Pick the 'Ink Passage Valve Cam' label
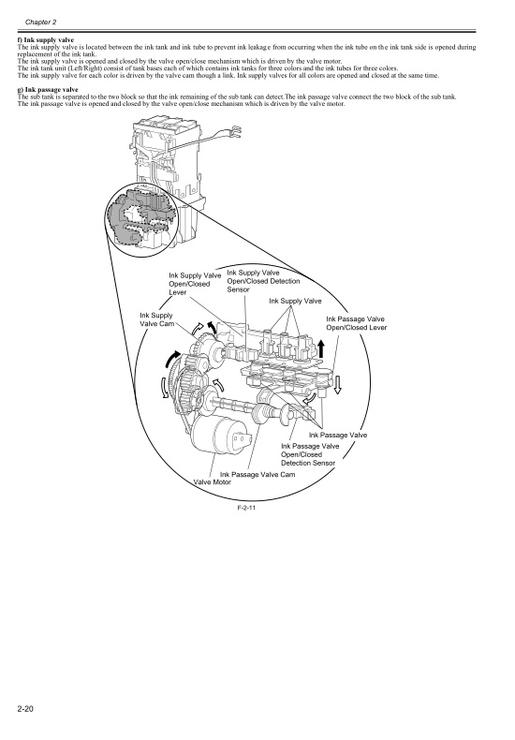257,474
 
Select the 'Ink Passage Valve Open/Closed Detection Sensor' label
308,454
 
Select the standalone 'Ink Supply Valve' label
295,301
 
